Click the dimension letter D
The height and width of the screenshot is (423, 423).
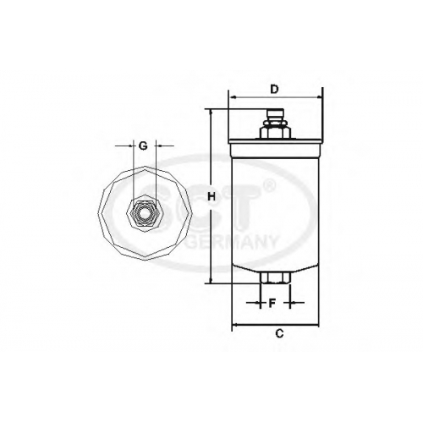click(274, 90)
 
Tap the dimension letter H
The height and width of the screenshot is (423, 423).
click(211, 196)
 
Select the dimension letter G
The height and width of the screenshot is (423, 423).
click(144, 146)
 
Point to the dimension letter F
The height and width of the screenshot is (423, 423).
click(272, 304)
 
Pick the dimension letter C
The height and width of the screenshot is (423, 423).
click(279, 333)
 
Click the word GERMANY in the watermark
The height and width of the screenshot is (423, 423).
click(232, 243)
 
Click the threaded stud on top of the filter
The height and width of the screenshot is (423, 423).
click(275, 116)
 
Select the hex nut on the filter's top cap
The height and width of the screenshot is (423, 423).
click(275, 132)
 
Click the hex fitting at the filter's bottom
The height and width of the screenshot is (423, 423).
click(275, 277)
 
